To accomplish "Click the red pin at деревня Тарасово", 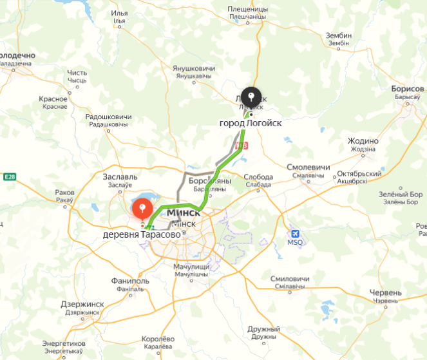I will [x=142, y=209].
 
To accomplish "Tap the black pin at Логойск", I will [x=252, y=97].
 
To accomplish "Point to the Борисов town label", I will [x=408, y=89].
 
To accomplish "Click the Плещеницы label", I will [x=247, y=9].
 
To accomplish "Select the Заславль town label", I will [x=120, y=176].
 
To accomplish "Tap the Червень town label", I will [x=386, y=292].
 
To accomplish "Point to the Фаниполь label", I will [x=130, y=281].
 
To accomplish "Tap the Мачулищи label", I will [x=192, y=266].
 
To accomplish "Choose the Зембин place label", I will [x=339, y=35].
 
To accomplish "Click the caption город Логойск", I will [x=251, y=122].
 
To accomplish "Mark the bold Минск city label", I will [x=185, y=213].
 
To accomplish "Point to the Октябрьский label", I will [x=352, y=174].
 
